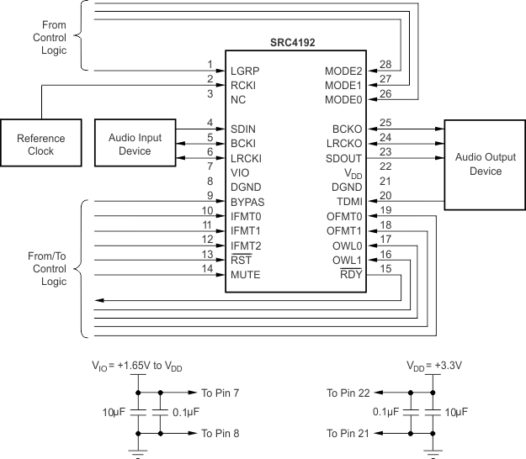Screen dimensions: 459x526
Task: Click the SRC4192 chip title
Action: point(294,43)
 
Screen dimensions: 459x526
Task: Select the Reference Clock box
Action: point(40,145)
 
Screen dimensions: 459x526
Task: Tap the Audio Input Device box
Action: point(130,144)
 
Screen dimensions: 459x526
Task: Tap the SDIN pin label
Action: point(244,129)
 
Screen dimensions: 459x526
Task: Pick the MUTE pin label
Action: point(246,275)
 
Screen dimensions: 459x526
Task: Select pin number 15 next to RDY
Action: point(386,268)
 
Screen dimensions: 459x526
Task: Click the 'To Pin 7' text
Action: point(220,393)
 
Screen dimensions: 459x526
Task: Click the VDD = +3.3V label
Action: point(433,367)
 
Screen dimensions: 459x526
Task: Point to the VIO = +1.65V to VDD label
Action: point(136,367)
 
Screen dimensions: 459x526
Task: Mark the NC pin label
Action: point(238,99)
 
